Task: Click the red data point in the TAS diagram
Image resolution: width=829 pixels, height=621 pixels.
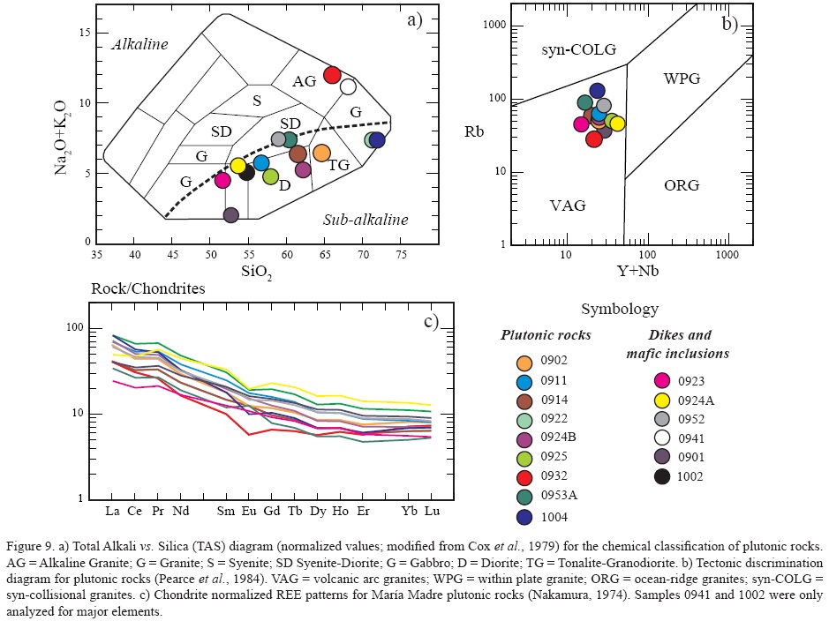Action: click(332, 75)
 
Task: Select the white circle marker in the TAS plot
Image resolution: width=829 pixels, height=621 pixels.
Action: click(348, 86)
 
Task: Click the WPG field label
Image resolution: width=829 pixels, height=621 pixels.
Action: click(682, 79)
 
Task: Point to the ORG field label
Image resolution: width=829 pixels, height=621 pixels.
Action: click(681, 185)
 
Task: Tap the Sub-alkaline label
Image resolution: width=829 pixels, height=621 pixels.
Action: click(365, 220)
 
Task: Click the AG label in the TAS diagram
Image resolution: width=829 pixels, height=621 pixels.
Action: click(305, 81)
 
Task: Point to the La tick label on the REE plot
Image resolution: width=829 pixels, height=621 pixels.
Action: click(112, 511)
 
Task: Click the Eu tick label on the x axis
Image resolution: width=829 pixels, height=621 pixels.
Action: click(250, 511)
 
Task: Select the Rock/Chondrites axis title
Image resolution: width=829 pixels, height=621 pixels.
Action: click(148, 288)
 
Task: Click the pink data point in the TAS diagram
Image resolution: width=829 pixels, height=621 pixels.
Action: click(222, 180)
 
